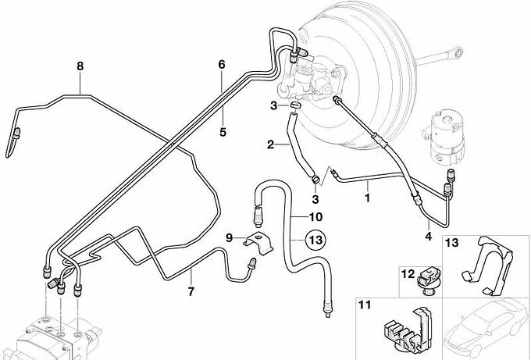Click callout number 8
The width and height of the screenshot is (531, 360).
[x=79, y=66]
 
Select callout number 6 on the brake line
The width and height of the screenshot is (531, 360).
[x=222, y=64]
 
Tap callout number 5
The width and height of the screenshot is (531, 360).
[x=223, y=133]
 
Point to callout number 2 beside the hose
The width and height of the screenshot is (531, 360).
[x=271, y=144]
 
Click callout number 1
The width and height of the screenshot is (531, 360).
[x=366, y=198]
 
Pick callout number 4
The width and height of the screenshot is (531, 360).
[x=429, y=235]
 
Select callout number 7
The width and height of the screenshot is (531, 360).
[x=190, y=292]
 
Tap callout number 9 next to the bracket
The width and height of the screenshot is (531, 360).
[x=229, y=237]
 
